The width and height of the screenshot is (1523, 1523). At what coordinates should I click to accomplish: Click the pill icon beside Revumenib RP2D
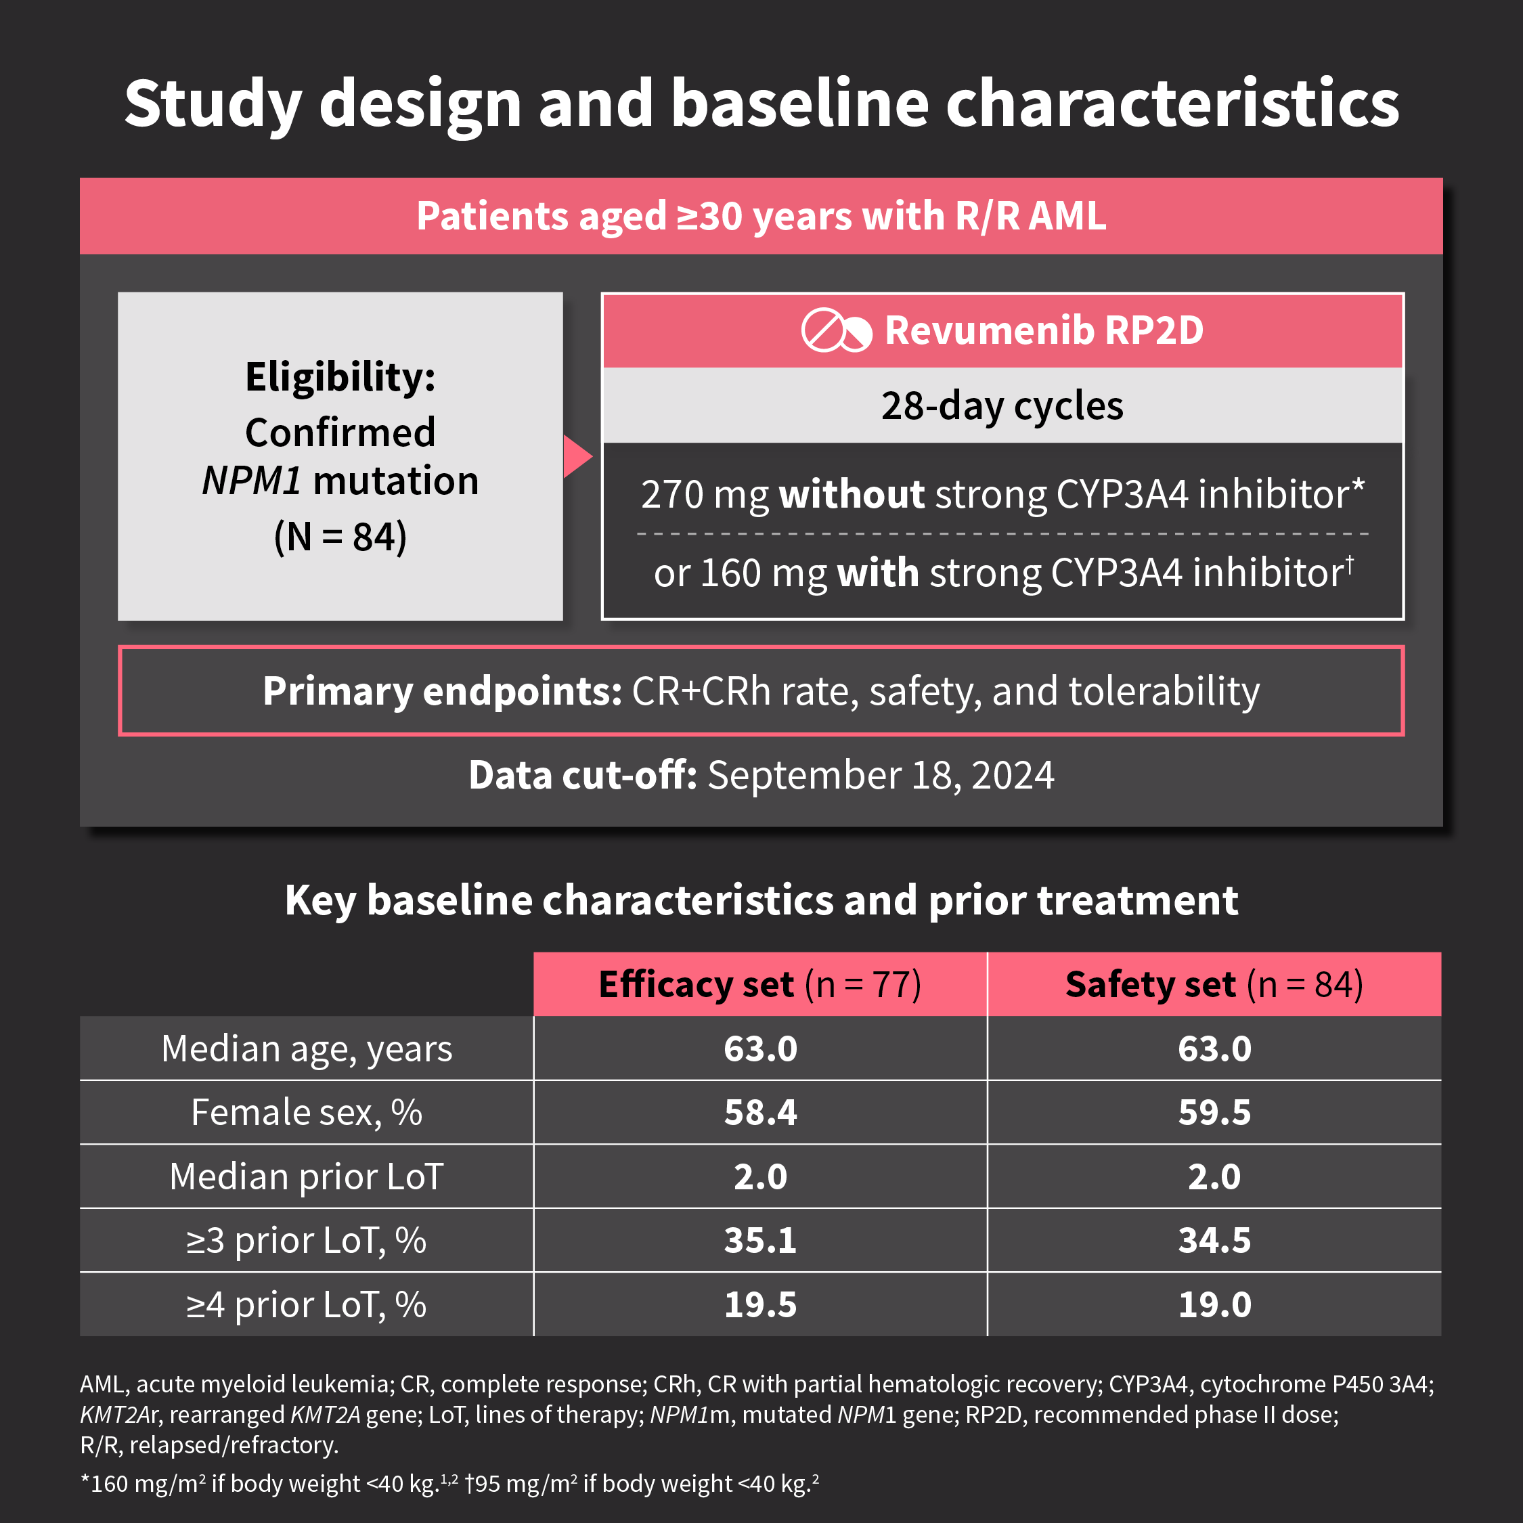837,330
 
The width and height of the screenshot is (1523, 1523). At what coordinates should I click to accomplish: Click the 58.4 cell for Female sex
760,1112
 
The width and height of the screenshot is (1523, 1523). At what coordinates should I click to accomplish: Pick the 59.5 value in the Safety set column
1214,1112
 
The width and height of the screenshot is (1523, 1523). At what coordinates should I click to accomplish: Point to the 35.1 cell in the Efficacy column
760,1240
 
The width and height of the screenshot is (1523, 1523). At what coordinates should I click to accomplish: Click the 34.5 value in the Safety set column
1214,1240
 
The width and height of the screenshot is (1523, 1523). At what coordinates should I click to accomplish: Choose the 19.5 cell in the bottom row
760,1304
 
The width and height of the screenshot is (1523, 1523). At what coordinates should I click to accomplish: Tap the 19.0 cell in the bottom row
1214,1304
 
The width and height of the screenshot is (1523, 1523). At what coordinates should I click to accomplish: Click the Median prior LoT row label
307,1176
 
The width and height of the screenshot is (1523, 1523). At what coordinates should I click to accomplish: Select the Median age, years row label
307,1049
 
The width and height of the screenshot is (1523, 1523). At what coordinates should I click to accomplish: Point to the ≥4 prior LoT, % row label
307,1304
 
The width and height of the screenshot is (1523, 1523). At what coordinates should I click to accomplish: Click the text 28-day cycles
1002,406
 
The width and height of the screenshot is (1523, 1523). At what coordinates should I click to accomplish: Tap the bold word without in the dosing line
852,494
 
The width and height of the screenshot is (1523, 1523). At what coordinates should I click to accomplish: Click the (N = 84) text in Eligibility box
340,537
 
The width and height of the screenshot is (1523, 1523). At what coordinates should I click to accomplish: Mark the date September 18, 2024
881,775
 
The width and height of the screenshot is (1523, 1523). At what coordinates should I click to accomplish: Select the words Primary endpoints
442,691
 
